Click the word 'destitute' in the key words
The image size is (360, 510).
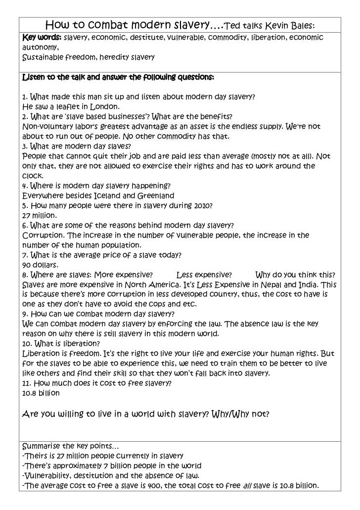tap(136, 38)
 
